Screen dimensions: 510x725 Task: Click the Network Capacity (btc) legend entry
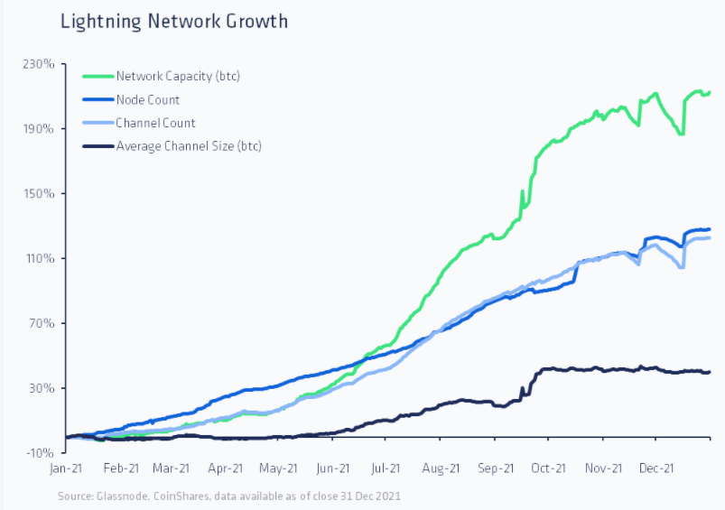click(x=177, y=76)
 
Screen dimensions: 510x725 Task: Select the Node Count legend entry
click(x=147, y=99)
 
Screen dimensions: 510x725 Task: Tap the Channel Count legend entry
click(x=155, y=123)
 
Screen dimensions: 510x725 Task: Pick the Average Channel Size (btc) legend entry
click(x=188, y=146)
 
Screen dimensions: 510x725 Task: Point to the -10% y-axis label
click(x=42, y=453)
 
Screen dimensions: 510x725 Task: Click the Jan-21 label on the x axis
click(x=68, y=468)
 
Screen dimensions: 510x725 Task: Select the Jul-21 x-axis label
click(x=386, y=468)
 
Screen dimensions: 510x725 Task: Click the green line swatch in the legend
click(x=97, y=76)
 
